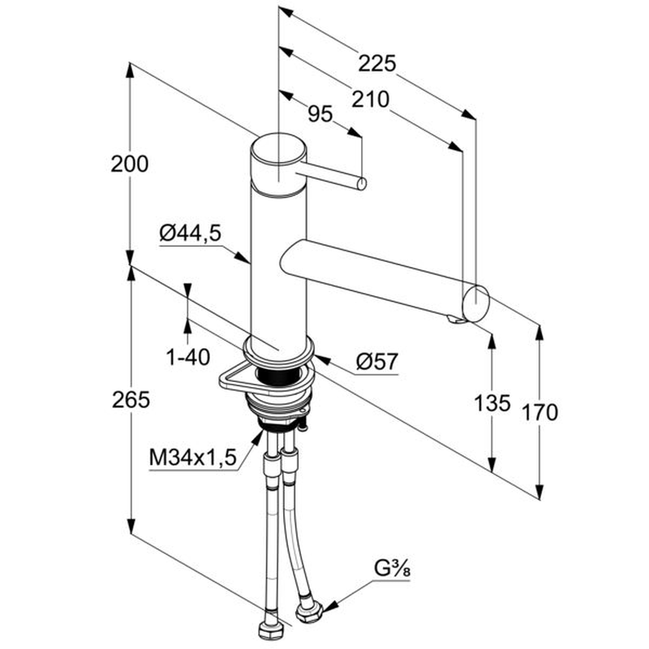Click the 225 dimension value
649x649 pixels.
(x=377, y=63)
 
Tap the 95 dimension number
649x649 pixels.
(x=321, y=114)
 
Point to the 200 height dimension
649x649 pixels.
(x=131, y=164)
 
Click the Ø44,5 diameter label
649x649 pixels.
(x=190, y=234)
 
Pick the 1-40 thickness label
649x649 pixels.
(x=188, y=356)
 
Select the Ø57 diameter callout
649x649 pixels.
(x=377, y=361)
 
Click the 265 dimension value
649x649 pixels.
(x=131, y=399)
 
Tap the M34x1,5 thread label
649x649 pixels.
(x=192, y=458)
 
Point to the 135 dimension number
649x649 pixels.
(x=492, y=402)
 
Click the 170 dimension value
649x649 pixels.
(x=539, y=412)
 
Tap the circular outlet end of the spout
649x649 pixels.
(x=476, y=303)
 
